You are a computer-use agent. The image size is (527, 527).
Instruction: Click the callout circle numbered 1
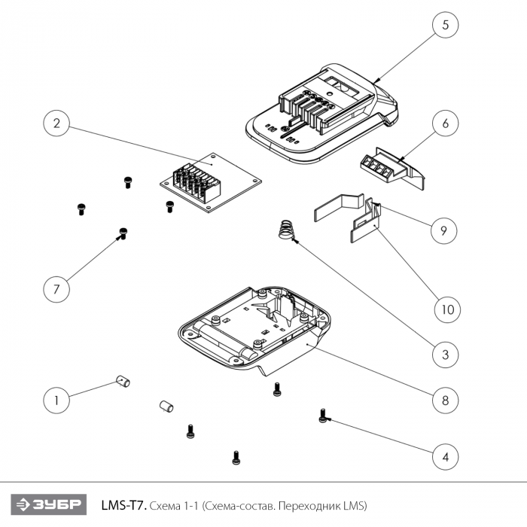pyautogui.click(x=55, y=400)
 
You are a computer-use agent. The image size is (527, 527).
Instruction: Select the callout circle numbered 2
pyautogui.click(x=56, y=123)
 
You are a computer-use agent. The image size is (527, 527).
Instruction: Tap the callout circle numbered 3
pyautogui.click(x=445, y=354)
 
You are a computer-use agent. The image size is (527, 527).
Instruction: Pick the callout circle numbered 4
pyautogui.click(x=445, y=455)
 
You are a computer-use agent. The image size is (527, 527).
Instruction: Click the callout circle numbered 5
pyautogui.click(x=445, y=25)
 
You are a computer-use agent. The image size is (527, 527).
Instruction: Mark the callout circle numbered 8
pyautogui.click(x=445, y=400)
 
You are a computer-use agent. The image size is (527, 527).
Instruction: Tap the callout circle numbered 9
pyautogui.click(x=445, y=230)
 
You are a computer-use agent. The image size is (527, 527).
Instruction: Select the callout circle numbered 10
pyautogui.click(x=445, y=308)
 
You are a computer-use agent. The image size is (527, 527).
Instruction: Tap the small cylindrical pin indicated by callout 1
pyautogui.click(x=123, y=382)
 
